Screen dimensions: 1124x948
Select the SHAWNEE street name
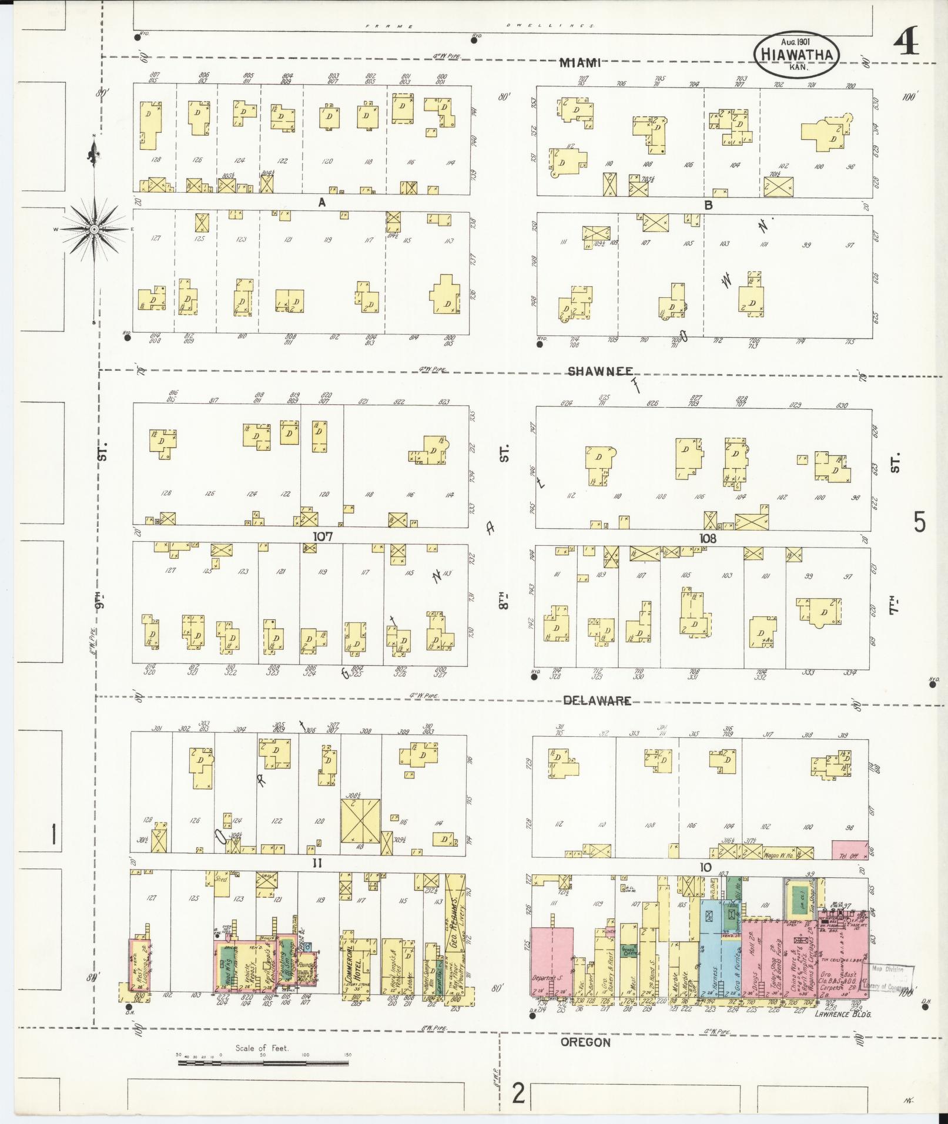[x=600, y=371]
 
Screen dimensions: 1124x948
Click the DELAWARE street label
[x=597, y=700]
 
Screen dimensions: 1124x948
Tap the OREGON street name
[x=585, y=1042]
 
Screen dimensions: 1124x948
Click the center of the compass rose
[x=93, y=228]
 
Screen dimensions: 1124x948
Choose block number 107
[x=323, y=536]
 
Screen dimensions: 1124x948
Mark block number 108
[x=708, y=538]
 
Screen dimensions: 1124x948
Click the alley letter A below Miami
[x=321, y=203]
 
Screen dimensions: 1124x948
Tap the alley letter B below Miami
[x=708, y=205]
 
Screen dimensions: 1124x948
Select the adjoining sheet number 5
[x=920, y=522]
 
